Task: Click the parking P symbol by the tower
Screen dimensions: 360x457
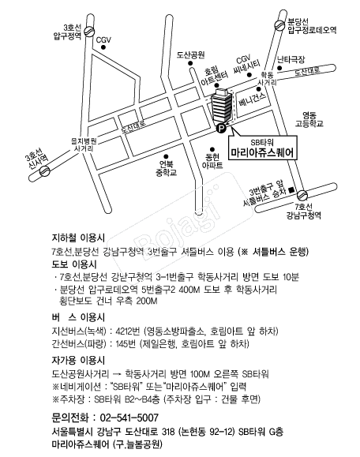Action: click(x=221, y=128)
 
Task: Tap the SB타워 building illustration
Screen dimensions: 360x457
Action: click(x=222, y=107)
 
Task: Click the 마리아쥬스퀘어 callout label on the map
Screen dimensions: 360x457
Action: click(x=263, y=147)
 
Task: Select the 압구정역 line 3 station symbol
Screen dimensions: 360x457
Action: click(x=89, y=32)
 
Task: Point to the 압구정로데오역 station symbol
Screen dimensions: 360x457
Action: click(x=279, y=25)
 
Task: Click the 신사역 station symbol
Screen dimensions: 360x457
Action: click(x=44, y=171)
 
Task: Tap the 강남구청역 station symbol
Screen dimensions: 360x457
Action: click(x=302, y=195)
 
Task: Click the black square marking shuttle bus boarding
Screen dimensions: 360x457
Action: click(x=291, y=189)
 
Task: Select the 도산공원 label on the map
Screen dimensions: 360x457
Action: click(x=190, y=54)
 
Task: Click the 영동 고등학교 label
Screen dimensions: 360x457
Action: click(x=309, y=119)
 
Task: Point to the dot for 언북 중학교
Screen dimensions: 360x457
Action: click(x=166, y=156)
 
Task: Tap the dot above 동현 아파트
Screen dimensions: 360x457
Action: click(x=212, y=149)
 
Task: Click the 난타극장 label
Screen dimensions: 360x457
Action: click(x=291, y=59)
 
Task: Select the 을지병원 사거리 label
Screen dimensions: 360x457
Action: click(x=84, y=144)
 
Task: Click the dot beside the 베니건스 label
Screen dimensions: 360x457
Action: click(x=258, y=89)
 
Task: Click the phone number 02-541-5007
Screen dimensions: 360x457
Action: click(x=129, y=418)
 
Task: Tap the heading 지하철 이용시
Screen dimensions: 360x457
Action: click(x=78, y=238)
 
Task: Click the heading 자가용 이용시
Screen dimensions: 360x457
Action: click(x=78, y=361)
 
